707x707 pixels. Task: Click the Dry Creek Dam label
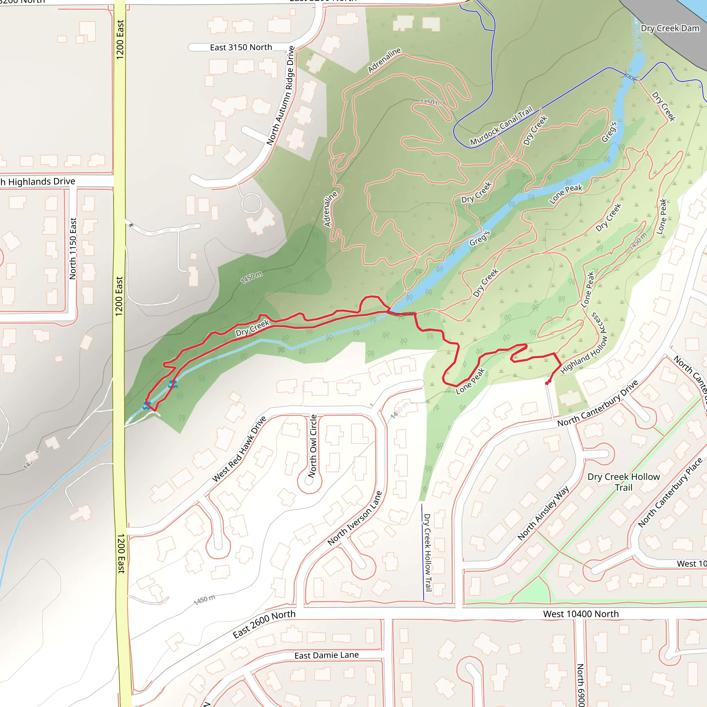(670, 29)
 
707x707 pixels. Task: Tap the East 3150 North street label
(241, 47)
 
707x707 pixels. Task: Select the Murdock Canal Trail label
(501, 126)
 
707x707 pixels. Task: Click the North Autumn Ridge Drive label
(281, 96)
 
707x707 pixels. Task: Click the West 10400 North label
(581, 614)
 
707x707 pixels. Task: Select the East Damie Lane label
(327, 655)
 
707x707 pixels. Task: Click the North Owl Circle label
(312, 446)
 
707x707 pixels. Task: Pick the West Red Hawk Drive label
(239, 449)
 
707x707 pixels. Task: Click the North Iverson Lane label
(355, 518)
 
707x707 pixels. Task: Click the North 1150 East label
(73, 249)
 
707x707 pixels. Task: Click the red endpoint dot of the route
(548, 383)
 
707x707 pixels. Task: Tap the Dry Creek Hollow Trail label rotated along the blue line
(427, 552)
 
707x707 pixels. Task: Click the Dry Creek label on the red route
(252, 328)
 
